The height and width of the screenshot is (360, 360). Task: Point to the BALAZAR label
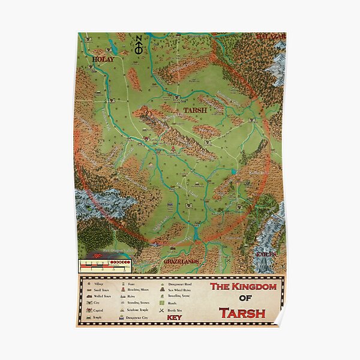(x=271, y=37)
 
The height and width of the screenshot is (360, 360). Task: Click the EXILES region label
(x=266, y=254)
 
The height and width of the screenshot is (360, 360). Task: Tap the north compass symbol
(x=138, y=46)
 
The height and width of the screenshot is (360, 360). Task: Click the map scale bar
(x=105, y=263)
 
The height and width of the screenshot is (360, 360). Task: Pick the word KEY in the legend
(x=174, y=317)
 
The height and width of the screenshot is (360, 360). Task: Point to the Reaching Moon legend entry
(x=142, y=289)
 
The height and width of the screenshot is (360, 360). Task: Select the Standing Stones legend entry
(x=142, y=303)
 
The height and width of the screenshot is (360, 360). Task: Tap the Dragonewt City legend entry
(x=144, y=317)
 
